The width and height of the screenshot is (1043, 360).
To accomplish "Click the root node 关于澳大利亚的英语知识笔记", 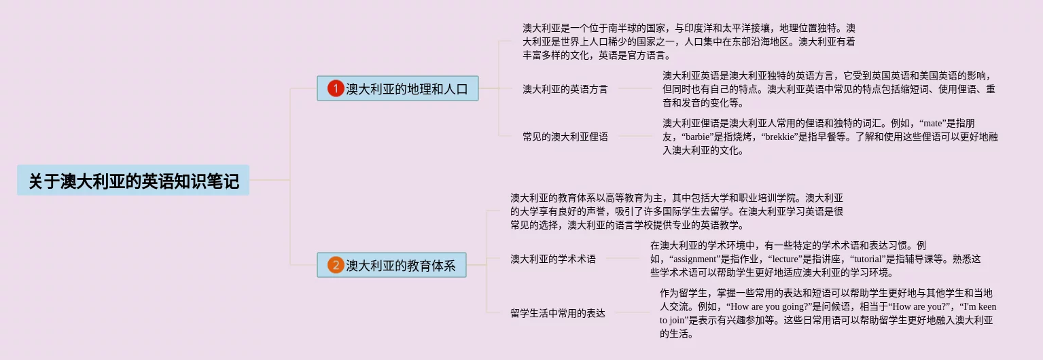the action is point(133,181).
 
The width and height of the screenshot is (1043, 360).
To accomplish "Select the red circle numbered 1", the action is point(336,89).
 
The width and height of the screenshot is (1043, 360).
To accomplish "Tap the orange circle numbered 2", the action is point(336,265).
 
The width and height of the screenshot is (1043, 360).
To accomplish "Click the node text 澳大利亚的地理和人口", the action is point(407,89).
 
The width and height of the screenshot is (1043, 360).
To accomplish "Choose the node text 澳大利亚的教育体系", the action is point(401,265).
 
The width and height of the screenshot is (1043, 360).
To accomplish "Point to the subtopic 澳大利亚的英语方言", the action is point(565,89).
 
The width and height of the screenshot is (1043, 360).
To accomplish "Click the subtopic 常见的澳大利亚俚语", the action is point(565,137).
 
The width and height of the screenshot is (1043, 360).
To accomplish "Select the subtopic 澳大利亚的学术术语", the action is point(552,259).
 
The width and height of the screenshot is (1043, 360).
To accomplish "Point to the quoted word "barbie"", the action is point(701,137).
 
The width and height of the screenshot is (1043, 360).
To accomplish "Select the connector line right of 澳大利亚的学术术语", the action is point(622,258).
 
